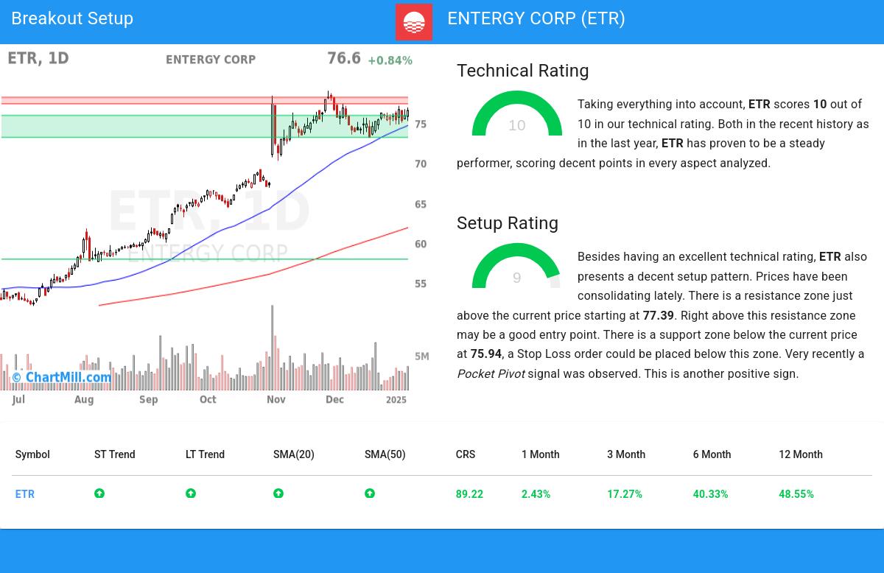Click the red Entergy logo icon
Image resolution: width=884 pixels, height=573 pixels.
click(414, 22)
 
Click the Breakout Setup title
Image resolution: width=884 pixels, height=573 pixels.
click(72, 18)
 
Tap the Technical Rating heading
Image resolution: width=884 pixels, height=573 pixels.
click(522, 71)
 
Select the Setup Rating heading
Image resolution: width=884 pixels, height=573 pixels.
click(508, 223)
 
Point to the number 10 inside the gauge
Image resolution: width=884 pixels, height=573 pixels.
click(517, 126)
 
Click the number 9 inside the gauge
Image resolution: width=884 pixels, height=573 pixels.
click(516, 278)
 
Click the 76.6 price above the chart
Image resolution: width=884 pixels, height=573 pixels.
click(344, 58)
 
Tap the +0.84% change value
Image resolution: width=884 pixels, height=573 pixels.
click(390, 60)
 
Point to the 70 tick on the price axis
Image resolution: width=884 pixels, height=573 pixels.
click(421, 164)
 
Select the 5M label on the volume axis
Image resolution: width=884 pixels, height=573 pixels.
click(421, 356)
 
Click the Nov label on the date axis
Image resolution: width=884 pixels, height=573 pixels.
click(276, 399)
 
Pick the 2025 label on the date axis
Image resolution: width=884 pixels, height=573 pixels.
click(396, 399)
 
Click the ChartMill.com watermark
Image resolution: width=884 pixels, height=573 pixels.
click(62, 378)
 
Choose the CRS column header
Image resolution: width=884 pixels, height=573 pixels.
click(466, 454)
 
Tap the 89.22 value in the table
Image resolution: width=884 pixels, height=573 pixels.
click(469, 494)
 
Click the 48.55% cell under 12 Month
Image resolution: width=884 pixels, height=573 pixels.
click(796, 494)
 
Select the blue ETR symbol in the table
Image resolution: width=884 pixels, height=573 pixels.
click(25, 494)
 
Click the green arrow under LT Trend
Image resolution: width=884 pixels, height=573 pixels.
click(191, 493)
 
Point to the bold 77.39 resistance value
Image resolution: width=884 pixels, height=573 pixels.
click(658, 315)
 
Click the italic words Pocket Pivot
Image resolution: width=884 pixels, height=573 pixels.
click(491, 374)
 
